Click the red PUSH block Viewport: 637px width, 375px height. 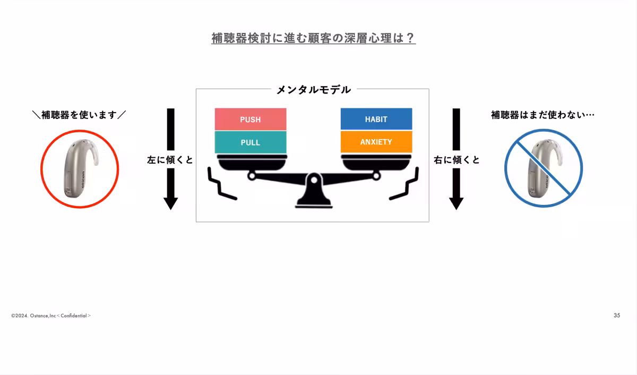pos(250,119)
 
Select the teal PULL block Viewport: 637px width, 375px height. pos(250,142)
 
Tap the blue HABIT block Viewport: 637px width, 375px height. pos(376,119)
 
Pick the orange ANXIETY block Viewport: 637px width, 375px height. pos(376,142)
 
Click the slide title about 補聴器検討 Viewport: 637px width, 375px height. pos(313,38)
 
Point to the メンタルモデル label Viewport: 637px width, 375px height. pos(313,90)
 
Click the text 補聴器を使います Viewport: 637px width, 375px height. pos(79,114)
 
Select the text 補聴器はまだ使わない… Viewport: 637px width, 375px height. pos(543,114)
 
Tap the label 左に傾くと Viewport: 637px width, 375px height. pos(170,159)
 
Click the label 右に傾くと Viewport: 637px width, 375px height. pos(457,159)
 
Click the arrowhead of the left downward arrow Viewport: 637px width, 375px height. pos(170,203)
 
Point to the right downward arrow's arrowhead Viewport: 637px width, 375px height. pos(456,203)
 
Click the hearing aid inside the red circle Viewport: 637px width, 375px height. pos(80,169)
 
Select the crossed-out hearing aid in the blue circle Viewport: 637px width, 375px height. pos(543,169)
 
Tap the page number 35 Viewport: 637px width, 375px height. pos(617,316)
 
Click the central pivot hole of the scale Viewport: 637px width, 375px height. pos(314,180)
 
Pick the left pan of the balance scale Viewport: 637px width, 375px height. pos(251,162)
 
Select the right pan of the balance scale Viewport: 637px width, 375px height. pos(376,162)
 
